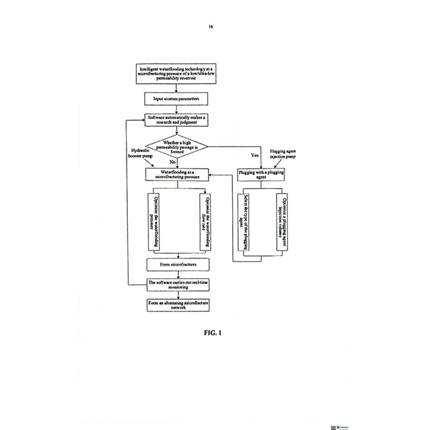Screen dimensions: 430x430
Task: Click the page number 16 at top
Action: click(x=211, y=26)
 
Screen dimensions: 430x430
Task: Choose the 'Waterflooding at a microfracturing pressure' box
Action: click(x=177, y=174)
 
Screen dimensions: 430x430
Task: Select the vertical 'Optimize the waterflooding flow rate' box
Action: click(x=203, y=220)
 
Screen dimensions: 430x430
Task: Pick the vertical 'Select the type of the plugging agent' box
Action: click(x=241, y=220)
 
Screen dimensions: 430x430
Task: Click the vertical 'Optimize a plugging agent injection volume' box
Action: click(x=279, y=220)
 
